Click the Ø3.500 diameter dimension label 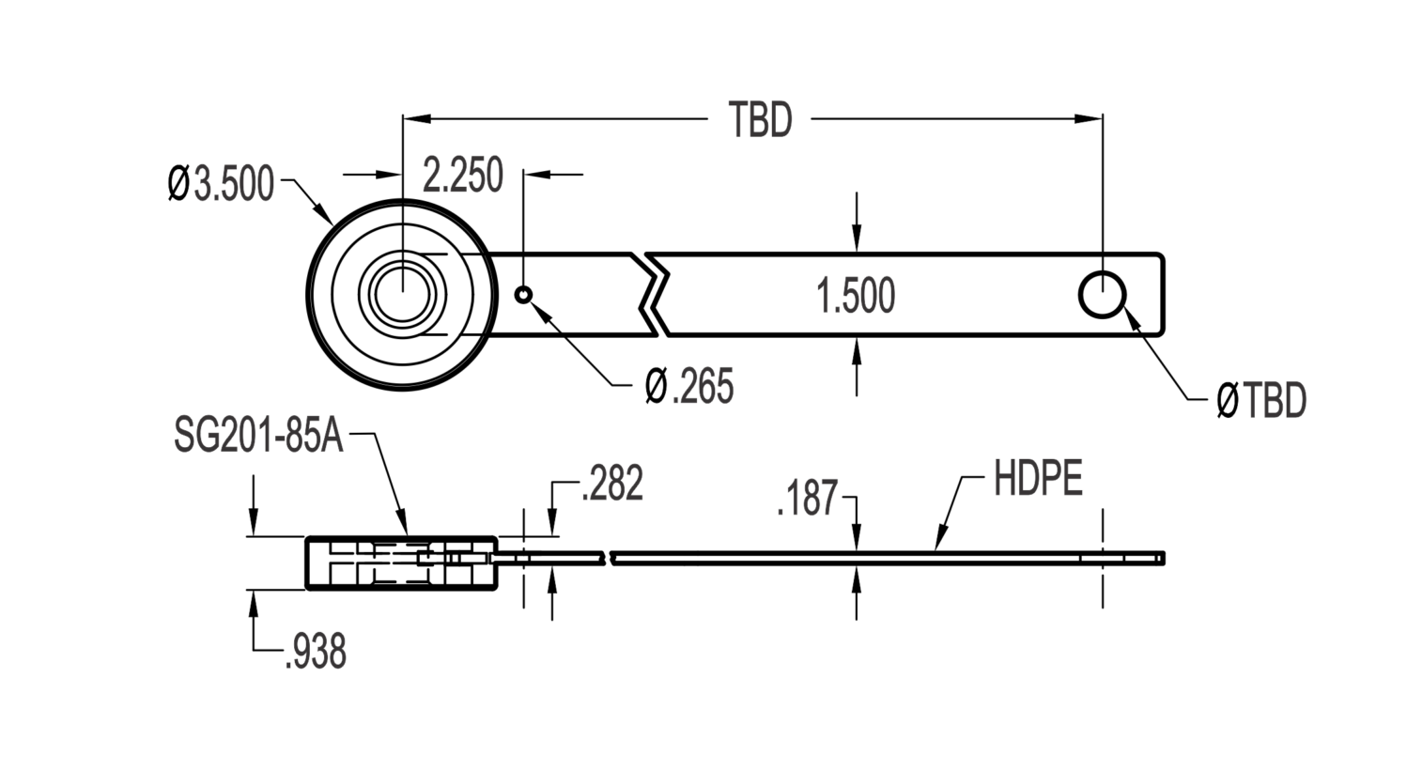point(221,183)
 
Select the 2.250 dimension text point(463,175)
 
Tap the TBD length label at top point(761,119)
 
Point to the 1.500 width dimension point(856,296)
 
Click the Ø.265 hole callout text point(689,386)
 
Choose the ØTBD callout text point(1261,400)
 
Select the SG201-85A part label point(259,436)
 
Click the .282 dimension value point(612,483)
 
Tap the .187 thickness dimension point(807,498)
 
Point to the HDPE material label point(1038,479)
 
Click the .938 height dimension point(315,652)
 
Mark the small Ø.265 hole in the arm point(523,295)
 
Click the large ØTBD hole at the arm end point(1103,295)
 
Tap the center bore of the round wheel point(403,295)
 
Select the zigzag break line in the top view point(654,295)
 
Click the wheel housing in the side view point(401,562)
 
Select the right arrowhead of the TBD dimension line point(1089,118)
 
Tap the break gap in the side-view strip point(608,558)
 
